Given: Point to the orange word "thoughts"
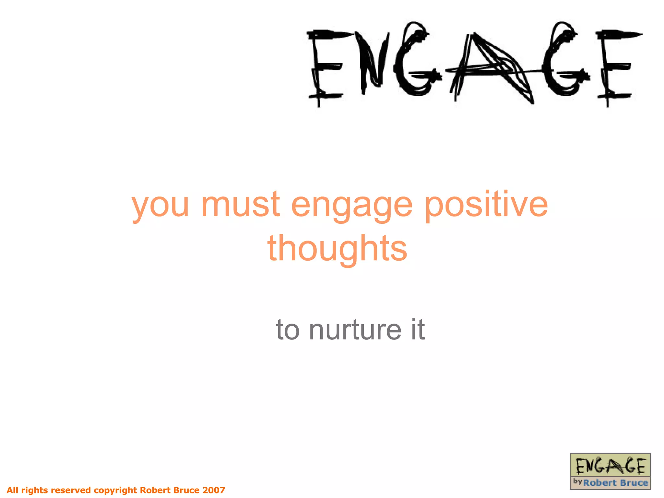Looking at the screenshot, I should tap(337, 248).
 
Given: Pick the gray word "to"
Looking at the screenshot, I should tap(287, 330).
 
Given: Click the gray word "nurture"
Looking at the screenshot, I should tap(355, 330).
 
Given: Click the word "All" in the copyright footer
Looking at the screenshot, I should tap(13, 490).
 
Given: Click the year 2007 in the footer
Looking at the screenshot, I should tap(214, 490).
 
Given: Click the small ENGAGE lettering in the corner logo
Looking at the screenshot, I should tap(610, 467).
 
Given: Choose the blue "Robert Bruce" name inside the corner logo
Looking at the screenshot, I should tap(615, 483).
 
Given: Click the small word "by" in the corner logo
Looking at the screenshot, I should tap(577, 481).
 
